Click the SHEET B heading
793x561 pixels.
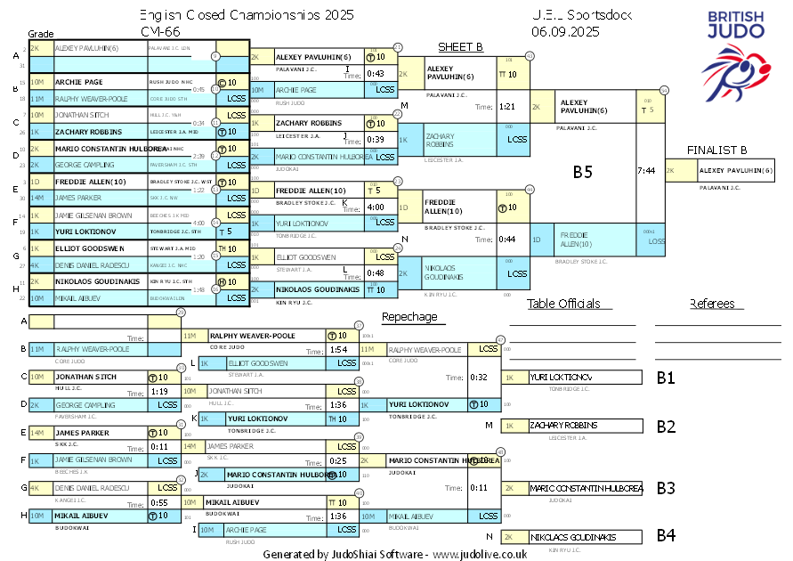(x=460, y=47)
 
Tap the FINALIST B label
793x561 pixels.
(x=716, y=150)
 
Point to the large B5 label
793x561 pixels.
(x=583, y=172)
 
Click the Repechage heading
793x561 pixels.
(x=409, y=316)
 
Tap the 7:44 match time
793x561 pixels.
(x=647, y=170)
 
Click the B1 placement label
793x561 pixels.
(x=667, y=378)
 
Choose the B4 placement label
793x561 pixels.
(x=667, y=536)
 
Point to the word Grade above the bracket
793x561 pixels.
(x=42, y=32)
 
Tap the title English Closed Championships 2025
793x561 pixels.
(x=247, y=15)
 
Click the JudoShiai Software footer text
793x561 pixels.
(x=395, y=553)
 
